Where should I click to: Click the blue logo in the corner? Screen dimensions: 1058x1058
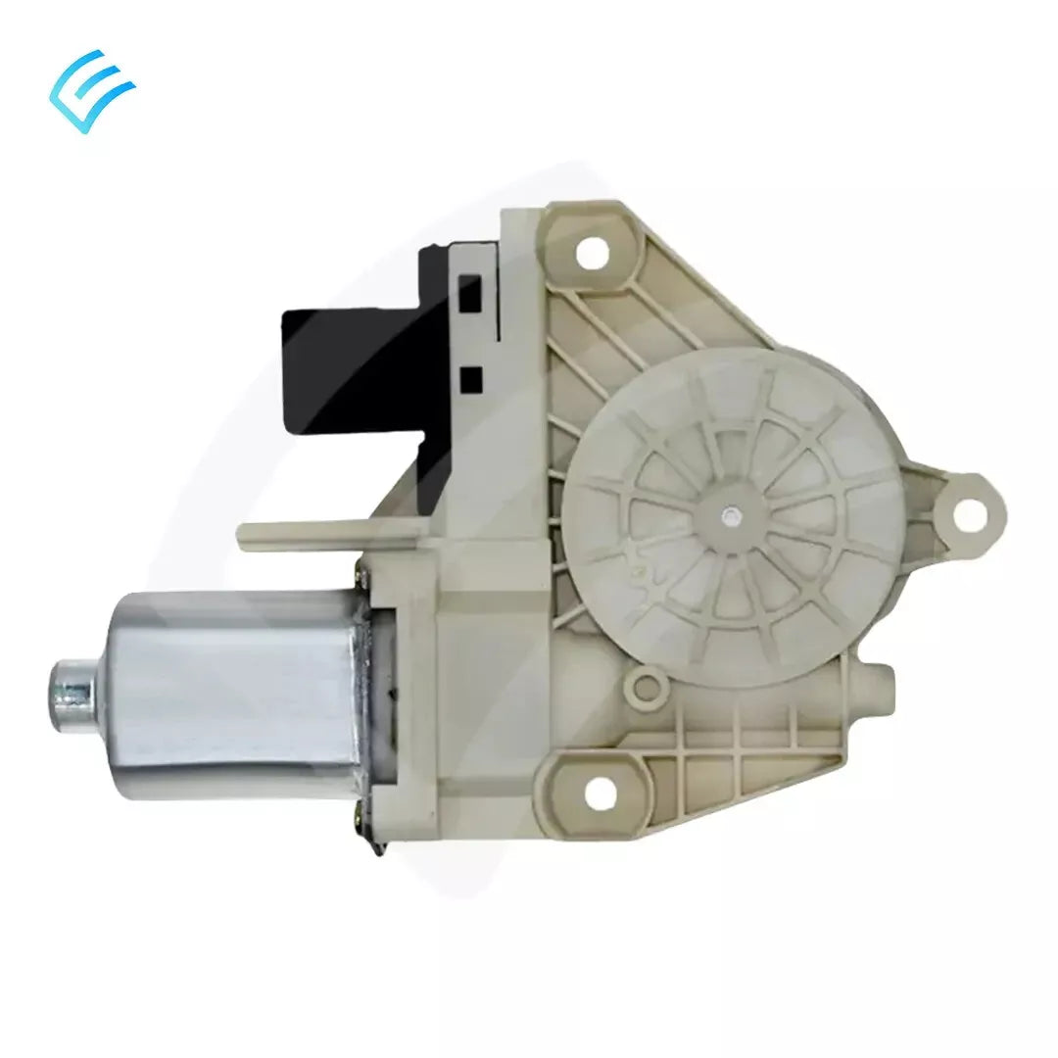92,90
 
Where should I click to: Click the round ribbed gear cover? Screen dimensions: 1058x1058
730,514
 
